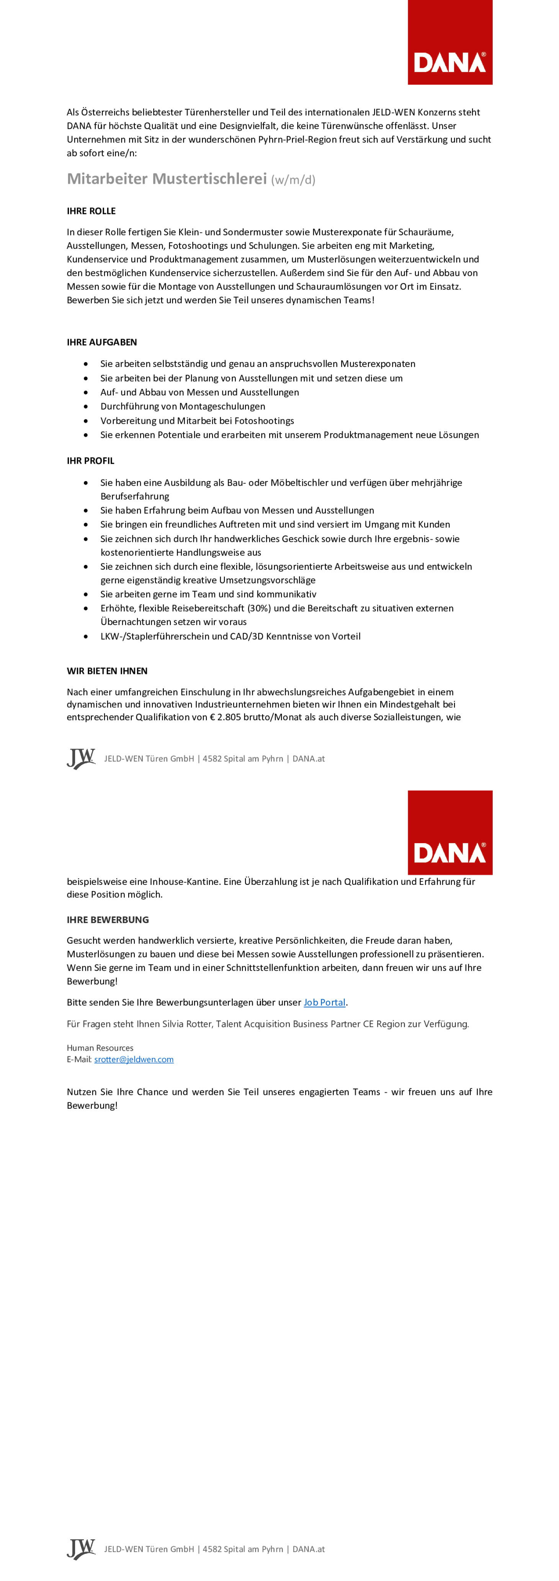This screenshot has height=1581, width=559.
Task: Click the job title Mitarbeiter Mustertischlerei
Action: [x=167, y=179]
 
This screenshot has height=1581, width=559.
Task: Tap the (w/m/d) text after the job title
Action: [x=293, y=180]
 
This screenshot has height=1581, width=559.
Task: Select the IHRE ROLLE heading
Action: [x=91, y=211]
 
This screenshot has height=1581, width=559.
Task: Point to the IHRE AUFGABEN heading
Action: [x=101, y=343]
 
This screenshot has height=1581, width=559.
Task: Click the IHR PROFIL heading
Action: [x=90, y=461]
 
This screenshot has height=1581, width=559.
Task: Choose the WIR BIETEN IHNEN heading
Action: [x=107, y=671]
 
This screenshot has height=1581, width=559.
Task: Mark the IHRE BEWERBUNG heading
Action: [x=108, y=919]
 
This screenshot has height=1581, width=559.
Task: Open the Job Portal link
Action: [x=324, y=1002]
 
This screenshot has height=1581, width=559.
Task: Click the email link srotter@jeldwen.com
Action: [x=134, y=1059]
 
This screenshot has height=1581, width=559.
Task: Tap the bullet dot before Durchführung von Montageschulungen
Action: [x=86, y=406]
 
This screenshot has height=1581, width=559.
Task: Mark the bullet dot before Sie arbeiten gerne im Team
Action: [x=86, y=594]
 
